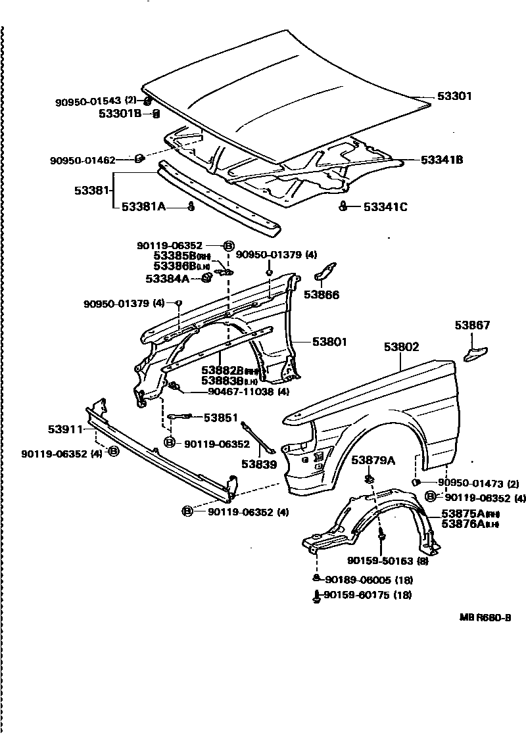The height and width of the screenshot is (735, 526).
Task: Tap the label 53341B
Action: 441,160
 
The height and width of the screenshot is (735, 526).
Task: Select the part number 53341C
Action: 385,207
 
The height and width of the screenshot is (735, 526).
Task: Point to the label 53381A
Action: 143,206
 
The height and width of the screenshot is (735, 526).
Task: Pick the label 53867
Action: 473,325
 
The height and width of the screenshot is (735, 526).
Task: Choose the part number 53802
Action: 402,346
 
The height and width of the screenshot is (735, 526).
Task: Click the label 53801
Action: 329,342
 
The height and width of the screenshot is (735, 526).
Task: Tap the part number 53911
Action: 64,429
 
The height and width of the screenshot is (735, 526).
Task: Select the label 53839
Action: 258,463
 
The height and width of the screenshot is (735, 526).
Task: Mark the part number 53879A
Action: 373,460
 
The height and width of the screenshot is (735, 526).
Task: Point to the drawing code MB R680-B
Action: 485,619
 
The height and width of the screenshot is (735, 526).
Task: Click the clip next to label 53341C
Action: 343,207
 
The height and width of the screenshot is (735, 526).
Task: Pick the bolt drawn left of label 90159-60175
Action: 317,596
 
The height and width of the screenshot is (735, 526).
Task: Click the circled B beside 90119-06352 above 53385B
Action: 229,246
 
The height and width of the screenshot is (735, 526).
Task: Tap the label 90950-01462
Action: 82,160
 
